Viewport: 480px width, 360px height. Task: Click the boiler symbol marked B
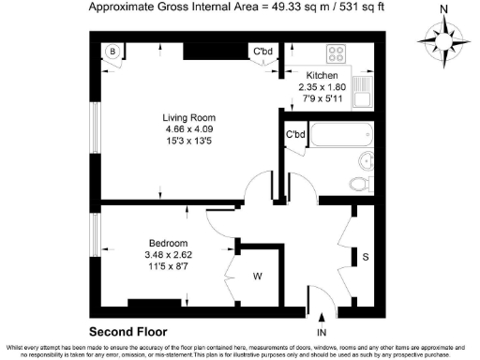[111, 51]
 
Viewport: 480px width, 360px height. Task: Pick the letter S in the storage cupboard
[366, 255]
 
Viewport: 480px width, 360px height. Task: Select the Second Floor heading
[127, 332]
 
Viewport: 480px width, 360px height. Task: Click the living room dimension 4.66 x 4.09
[183, 131]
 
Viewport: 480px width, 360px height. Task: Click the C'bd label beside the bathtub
[296, 135]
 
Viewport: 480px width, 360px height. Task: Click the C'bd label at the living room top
[262, 51]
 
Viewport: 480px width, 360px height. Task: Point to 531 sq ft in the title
[359, 7]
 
